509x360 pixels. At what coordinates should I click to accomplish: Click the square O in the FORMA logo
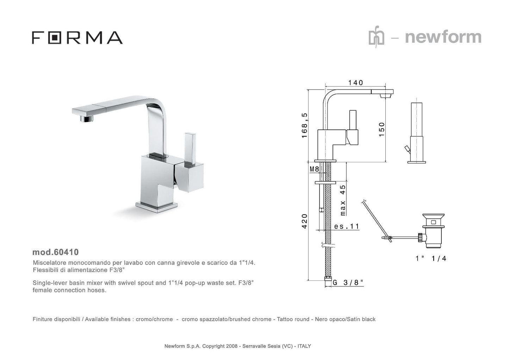[55, 38]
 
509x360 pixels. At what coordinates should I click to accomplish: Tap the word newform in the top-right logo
[443, 37]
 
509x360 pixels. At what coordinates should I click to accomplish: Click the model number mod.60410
[55, 252]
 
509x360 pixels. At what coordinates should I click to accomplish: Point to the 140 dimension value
[356, 82]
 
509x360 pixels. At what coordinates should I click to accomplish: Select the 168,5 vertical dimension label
[304, 125]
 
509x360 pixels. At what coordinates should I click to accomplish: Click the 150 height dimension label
[382, 129]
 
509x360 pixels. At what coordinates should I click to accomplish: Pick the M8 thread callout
[315, 169]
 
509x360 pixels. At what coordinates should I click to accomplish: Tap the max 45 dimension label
[343, 200]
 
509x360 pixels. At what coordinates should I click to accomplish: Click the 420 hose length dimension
[304, 221]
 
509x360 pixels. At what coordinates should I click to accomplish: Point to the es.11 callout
[347, 226]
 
